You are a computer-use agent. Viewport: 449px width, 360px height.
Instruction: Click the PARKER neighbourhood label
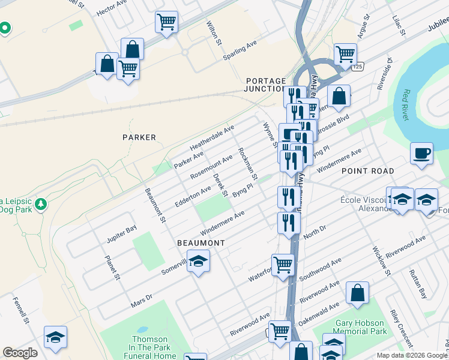coord(139,137)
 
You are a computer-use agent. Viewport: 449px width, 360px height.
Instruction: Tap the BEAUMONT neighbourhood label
coord(200,243)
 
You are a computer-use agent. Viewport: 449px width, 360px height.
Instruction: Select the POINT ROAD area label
coord(368,171)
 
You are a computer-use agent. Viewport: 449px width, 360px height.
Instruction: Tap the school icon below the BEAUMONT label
coord(198,261)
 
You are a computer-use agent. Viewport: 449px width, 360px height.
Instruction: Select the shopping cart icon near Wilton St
coord(166,22)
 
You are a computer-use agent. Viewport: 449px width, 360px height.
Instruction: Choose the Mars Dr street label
coord(142,301)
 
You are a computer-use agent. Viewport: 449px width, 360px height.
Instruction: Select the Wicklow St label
coord(381,260)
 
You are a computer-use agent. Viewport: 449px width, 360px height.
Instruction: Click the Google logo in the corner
coord(20,353)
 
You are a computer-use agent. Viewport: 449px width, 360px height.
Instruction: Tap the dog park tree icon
coord(41,203)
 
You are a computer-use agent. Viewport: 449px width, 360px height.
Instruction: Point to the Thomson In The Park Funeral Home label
coord(150,347)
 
